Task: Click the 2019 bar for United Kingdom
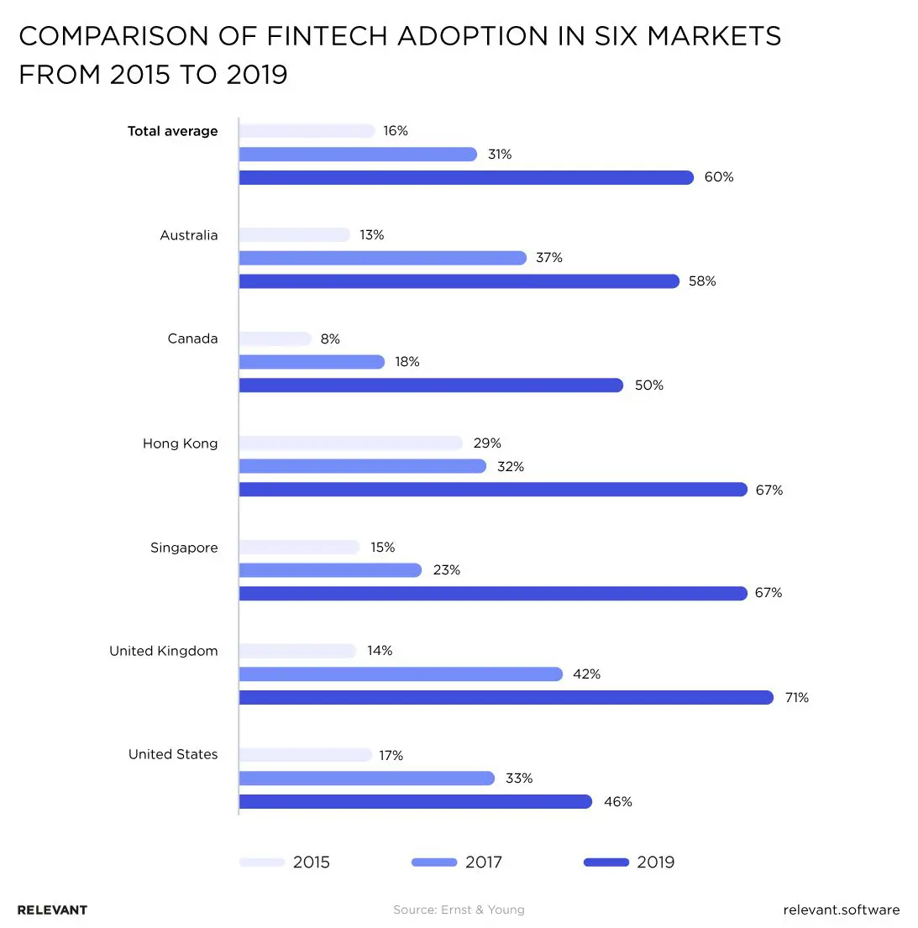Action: [506, 697]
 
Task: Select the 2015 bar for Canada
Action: [275, 338]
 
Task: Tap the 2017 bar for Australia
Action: [382, 258]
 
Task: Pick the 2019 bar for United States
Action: [416, 801]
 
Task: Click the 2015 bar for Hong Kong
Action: [351, 443]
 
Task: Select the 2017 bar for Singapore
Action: [330, 570]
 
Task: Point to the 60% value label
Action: [719, 177]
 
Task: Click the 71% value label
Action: [796, 697]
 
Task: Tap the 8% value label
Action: [330, 338]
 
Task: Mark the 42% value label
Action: [586, 674]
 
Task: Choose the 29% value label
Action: [487, 443]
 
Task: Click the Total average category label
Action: [172, 131]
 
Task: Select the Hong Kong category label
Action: [180, 443]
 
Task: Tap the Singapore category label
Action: [184, 548]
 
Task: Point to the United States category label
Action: [173, 754]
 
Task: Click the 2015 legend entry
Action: [285, 862]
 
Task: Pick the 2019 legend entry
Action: [629, 862]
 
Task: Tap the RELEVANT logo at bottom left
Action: [52, 910]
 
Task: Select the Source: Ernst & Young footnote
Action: [459, 910]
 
